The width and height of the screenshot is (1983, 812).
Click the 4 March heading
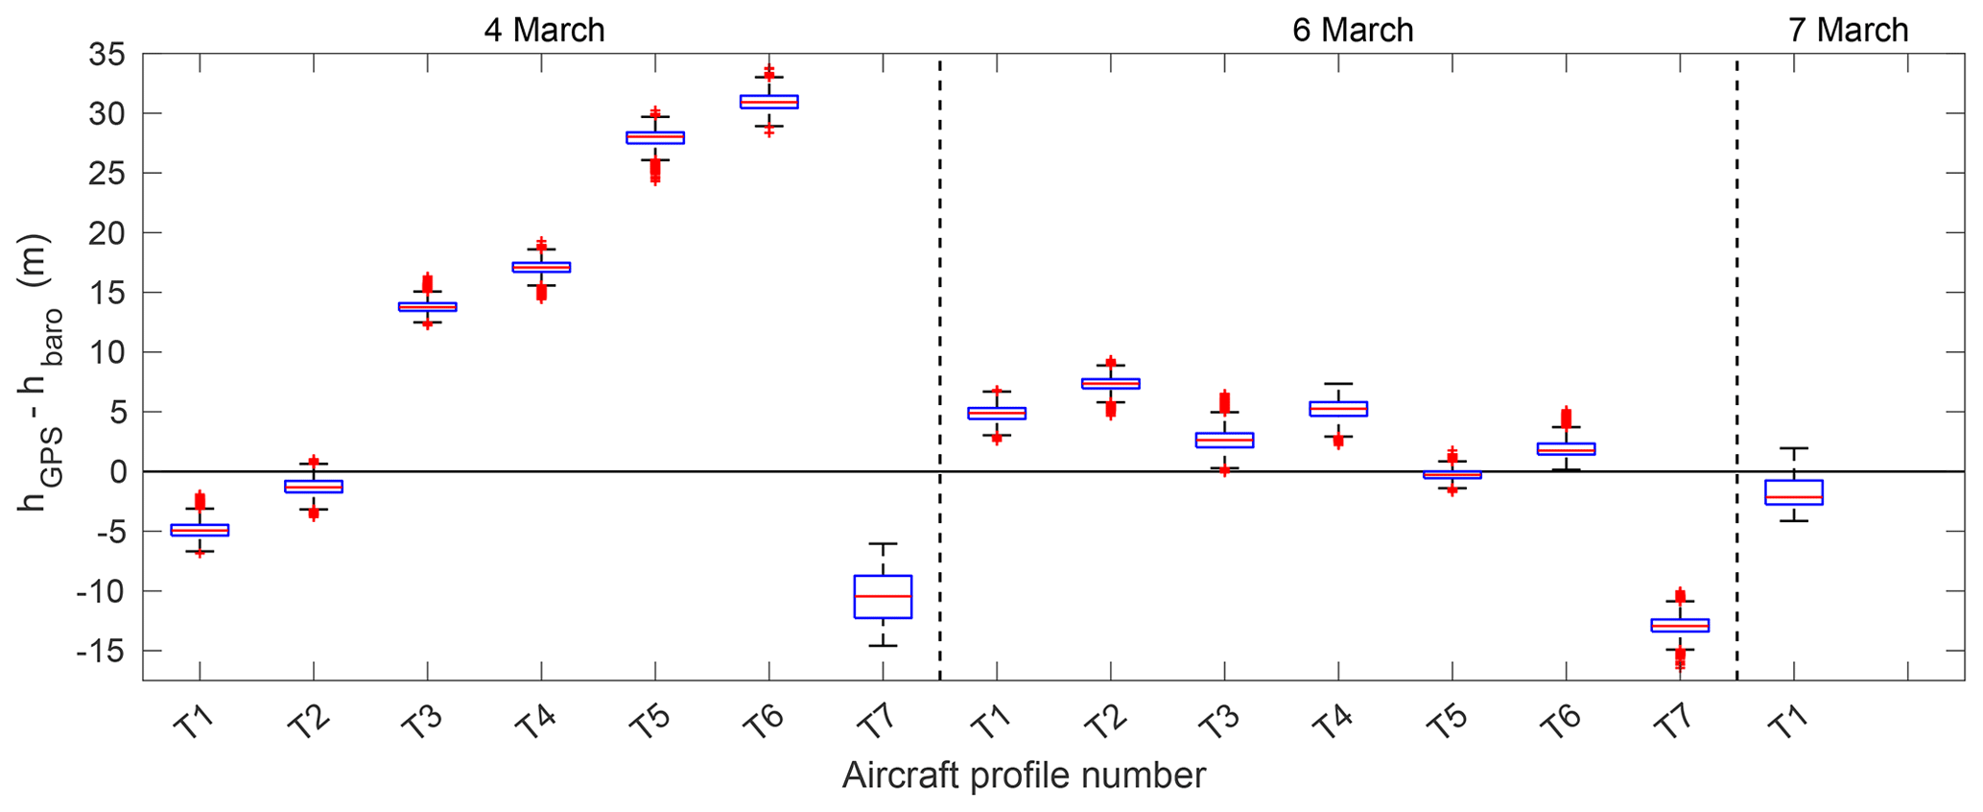coord(544,30)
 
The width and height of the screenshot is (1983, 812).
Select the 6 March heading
coord(1353,30)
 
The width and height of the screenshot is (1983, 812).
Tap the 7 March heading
coord(1849,30)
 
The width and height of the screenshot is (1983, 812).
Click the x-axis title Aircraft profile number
coord(1024,776)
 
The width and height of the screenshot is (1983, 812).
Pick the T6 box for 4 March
coord(768,102)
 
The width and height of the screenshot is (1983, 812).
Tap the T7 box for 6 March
coord(1680,625)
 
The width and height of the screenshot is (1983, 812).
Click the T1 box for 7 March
coord(1793,491)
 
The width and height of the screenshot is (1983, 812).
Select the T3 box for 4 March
coord(427,306)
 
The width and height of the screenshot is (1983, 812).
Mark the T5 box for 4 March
coord(655,137)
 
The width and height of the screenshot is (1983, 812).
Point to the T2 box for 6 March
coord(1110,383)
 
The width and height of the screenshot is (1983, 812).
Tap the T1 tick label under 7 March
coord(1782,723)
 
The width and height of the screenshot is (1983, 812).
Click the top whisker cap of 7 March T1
coord(1793,448)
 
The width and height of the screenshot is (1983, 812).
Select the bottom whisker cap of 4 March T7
coord(883,645)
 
